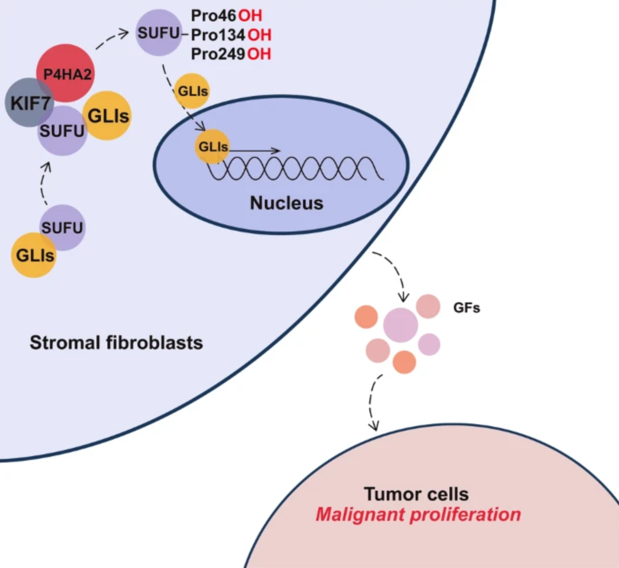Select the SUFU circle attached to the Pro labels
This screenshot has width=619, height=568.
[x=158, y=33]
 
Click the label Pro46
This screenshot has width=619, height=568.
[x=213, y=15]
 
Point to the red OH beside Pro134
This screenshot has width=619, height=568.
[x=259, y=35]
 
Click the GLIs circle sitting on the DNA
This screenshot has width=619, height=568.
[x=212, y=146]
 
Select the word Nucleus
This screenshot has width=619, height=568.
[x=287, y=203]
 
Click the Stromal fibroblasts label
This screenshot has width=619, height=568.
[x=116, y=342]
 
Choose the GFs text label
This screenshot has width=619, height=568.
[x=467, y=308]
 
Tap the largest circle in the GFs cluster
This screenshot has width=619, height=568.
[x=400, y=325]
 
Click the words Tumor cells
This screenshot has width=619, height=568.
[x=416, y=494]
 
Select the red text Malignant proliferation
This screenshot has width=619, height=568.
[x=418, y=515]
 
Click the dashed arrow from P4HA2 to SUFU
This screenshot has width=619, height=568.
[x=112, y=39]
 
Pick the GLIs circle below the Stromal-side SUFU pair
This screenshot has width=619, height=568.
[x=34, y=255]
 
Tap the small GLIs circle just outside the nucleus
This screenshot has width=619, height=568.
[x=192, y=91]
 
